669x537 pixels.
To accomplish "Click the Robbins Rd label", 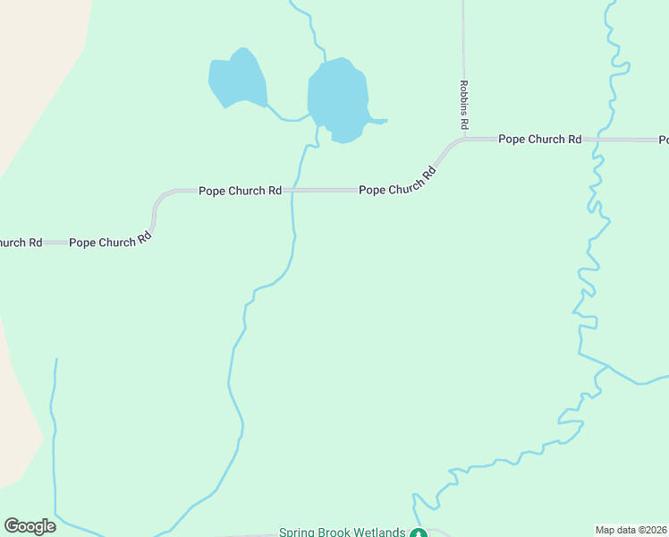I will click(x=464, y=103).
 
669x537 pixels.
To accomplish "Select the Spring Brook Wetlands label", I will click(x=343, y=532).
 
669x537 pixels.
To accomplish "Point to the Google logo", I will click(x=30, y=525).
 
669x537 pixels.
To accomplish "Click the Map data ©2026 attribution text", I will click(x=631, y=530).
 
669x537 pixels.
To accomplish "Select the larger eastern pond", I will click(x=337, y=98).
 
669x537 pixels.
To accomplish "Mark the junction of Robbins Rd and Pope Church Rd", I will click(x=464, y=140).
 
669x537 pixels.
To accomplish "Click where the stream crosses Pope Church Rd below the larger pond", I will click(x=293, y=191).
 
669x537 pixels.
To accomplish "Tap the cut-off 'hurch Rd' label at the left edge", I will click(x=20, y=243).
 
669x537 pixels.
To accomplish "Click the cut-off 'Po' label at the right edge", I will click(x=664, y=140).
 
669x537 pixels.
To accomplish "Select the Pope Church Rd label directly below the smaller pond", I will click(x=240, y=191).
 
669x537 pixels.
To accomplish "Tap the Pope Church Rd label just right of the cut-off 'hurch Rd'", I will click(x=108, y=242).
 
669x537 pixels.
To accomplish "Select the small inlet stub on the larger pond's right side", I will click(x=377, y=121).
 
